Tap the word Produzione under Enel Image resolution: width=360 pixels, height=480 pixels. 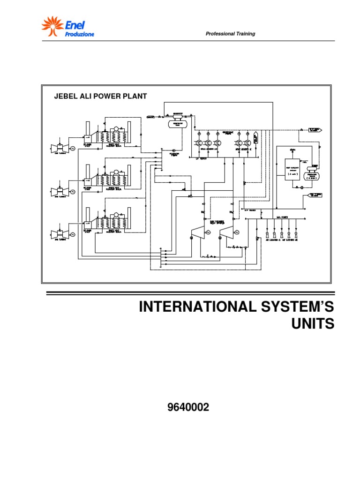click(79, 34)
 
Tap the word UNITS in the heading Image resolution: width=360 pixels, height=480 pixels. click(313, 324)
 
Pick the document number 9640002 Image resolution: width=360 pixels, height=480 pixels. click(188, 408)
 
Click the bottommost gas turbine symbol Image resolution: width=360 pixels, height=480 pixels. click(60, 233)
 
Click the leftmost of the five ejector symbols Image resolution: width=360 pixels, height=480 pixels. click(267, 234)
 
